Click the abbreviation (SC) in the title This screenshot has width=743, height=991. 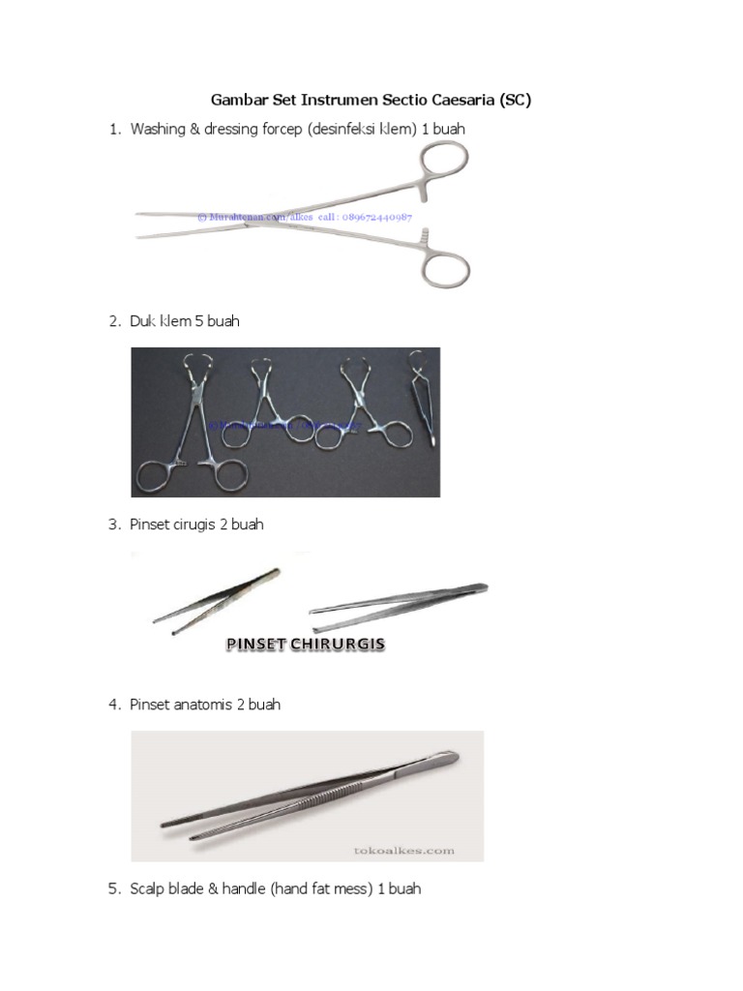[x=513, y=100]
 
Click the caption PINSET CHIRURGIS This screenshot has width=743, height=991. [x=306, y=645]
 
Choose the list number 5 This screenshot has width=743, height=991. [x=113, y=888]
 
